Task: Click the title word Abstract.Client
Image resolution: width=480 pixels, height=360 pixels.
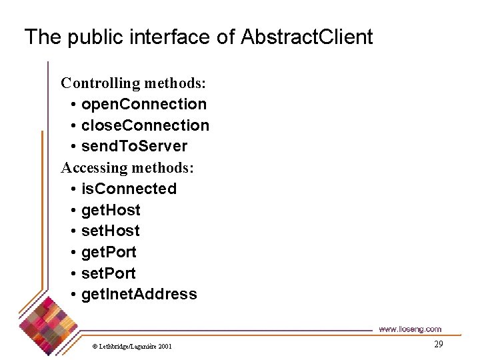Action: click(x=307, y=37)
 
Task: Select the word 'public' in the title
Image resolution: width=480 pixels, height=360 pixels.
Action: click(x=91, y=37)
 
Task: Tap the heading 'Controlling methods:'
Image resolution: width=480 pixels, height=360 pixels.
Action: click(x=133, y=83)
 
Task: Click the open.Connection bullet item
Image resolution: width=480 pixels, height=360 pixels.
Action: click(x=144, y=104)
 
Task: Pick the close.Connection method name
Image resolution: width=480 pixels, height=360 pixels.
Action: click(x=145, y=125)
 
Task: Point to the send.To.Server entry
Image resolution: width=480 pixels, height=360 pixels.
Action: click(x=134, y=146)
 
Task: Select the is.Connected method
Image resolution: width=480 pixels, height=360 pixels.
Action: click(x=129, y=189)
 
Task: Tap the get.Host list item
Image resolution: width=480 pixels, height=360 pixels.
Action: click(x=111, y=210)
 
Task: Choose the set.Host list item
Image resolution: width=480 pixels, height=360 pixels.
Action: click(x=110, y=231)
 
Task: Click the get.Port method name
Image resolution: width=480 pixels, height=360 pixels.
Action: click(x=109, y=252)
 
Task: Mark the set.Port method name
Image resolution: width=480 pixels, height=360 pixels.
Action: click(x=108, y=273)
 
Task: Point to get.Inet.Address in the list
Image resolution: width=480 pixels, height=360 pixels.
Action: click(x=139, y=294)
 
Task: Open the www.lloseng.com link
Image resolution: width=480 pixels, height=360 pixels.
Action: click(x=409, y=329)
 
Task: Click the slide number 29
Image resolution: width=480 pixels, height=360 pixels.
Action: click(x=438, y=344)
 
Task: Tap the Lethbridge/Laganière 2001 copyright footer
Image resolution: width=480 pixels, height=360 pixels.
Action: click(x=131, y=346)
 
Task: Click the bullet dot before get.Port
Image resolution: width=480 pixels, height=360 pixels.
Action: click(x=72, y=253)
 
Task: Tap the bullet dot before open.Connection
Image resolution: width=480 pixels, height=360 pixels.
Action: click(x=72, y=105)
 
